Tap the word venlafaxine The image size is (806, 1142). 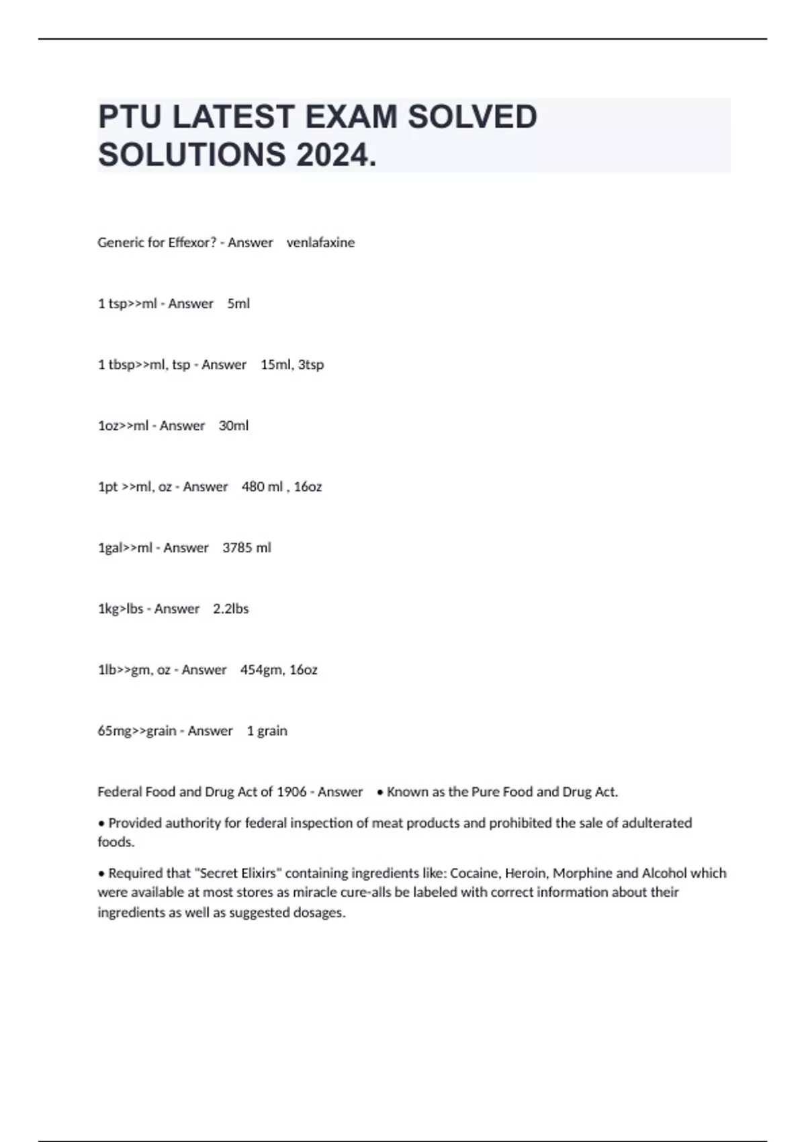[x=320, y=243]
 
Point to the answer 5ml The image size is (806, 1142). [x=238, y=304]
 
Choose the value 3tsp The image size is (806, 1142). [x=311, y=365]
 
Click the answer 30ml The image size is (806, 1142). [x=234, y=426]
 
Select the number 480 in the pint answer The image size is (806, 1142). [x=253, y=487]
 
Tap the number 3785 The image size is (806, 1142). [x=237, y=548]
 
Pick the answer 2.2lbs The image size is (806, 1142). [x=231, y=609]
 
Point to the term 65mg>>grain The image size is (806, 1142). [x=137, y=731]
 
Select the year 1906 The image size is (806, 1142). [x=292, y=792]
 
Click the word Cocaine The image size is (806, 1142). [x=476, y=873]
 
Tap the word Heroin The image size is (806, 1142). [x=527, y=873]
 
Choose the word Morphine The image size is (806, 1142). [x=582, y=873]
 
